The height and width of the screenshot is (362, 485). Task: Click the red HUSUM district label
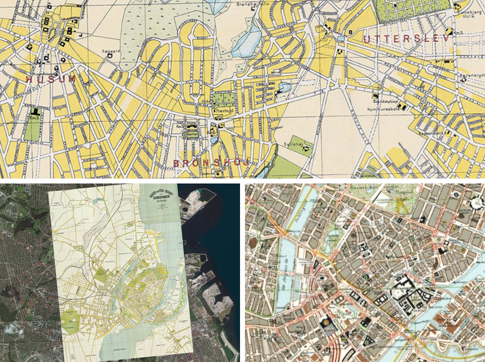click(51, 79)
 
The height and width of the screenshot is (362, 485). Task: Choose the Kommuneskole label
click(383, 109)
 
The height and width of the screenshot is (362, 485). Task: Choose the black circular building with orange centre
click(328, 323)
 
